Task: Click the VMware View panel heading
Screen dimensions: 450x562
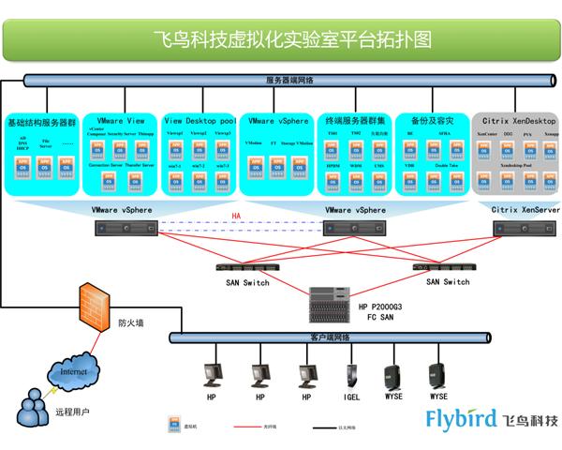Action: pyautogui.click(x=121, y=121)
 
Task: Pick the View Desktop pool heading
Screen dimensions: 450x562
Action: pyautogui.click(x=200, y=121)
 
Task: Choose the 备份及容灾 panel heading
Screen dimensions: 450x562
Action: pyautogui.click(x=430, y=121)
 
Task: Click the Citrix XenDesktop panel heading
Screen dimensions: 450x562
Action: pyautogui.click(x=515, y=121)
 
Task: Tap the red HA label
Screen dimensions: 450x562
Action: pyautogui.click(x=237, y=217)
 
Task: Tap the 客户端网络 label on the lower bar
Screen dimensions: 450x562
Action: pyautogui.click(x=329, y=337)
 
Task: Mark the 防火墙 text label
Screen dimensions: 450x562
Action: pyautogui.click(x=130, y=323)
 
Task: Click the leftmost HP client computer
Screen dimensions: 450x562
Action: pyautogui.click(x=213, y=374)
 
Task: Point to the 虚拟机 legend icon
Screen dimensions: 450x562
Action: pyautogui.click(x=173, y=424)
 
